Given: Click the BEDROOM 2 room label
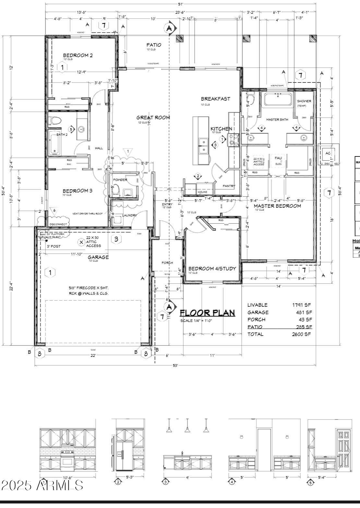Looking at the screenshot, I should pyautogui.click(x=78, y=56).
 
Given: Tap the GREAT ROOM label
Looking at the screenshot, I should pyautogui.click(x=153, y=118).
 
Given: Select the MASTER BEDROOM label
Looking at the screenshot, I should pyautogui.click(x=277, y=206).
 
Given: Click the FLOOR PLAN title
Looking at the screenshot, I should pyautogui.click(x=207, y=313).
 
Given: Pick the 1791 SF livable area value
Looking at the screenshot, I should pyautogui.click(x=301, y=305).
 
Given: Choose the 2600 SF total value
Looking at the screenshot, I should pyautogui.click(x=301, y=334).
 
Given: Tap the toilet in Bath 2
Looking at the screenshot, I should pyautogui.click(x=55, y=121).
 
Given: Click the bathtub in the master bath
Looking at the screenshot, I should pyautogui.click(x=278, y=99).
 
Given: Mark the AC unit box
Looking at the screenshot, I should pyautogui.click(x=328, y=153).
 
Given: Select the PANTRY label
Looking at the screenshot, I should pyautogui.click(x=229, y=186).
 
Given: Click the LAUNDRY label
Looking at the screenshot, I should pyautogui.click(x=129, y=215).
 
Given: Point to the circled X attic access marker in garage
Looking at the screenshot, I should pyautogui.click(x=81, y=242).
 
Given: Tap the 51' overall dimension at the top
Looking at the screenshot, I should pyautogui.click(x=181, y=4).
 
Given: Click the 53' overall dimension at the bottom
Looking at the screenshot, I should pyautogui.click(x=175, y=366).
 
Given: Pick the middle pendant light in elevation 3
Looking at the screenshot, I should pyautogui.click(x=187, y=429).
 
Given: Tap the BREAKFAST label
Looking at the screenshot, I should pyautogui.click(x=215, y=99).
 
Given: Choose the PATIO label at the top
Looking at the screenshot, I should pyautogui.click(x=154, y=45).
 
